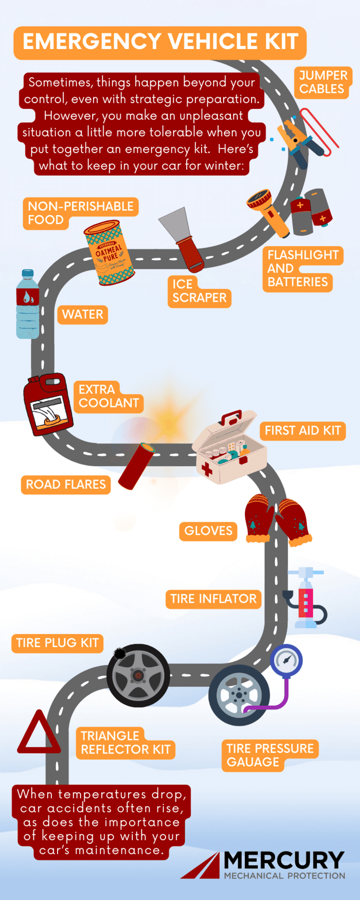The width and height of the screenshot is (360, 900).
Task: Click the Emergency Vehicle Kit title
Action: pos(160,42)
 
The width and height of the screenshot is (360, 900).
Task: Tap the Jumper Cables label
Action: pos(322,82)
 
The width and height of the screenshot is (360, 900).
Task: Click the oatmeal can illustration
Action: pos(109,253)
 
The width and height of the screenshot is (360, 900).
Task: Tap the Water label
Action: pos(83,315)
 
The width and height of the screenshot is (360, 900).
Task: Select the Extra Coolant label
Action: pos(108,396)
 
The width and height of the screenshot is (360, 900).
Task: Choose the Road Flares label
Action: pos(66,484)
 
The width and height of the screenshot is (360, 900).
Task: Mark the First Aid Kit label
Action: pos(303,431)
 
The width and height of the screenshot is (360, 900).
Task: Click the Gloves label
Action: pos(208,531)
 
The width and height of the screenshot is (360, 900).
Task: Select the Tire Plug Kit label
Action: pos(57,643)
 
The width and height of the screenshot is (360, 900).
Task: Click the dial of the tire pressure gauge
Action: pos(287,660)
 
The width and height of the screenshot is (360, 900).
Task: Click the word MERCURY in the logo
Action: pos(284,860)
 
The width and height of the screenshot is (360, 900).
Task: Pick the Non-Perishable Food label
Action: pos(80,213)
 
